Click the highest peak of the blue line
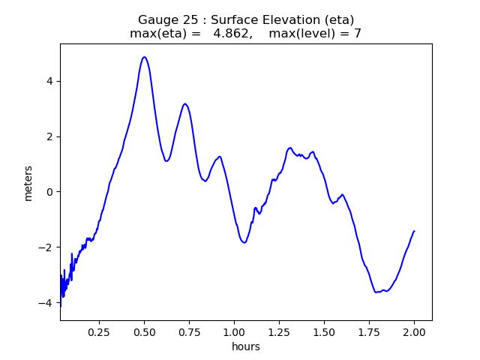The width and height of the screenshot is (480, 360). (144, 57)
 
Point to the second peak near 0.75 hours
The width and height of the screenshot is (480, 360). (184, 103)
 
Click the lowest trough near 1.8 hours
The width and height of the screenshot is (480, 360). (377, 292)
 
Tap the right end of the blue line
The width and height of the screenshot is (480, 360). (414, 231)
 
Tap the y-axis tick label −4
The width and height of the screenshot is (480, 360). (48, 303)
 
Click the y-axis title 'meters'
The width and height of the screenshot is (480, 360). (28, 183)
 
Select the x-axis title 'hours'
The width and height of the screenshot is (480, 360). (246, 346)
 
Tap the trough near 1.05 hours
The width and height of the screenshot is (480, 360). (244, 242)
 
